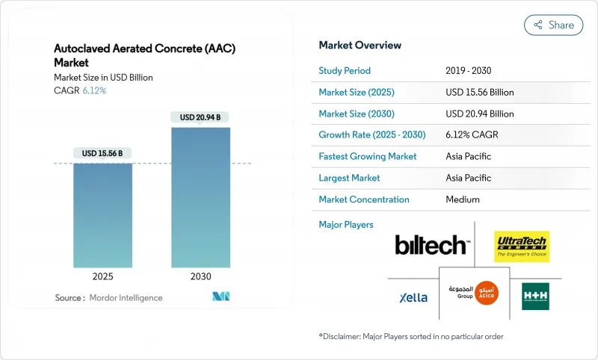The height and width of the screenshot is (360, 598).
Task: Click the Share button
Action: [x=554, y=25]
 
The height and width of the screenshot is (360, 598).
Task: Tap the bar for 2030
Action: [x=200, y=197]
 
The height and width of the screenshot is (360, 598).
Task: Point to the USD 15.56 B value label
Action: [x=103, y=153]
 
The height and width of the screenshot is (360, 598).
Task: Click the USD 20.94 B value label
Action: [x=200, y=117]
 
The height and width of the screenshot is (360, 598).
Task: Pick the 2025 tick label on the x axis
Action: [x=103, y=276]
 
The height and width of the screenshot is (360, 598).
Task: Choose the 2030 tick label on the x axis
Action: [x=200, y=276]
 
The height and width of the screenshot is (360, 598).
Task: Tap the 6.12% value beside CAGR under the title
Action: [x=94, y=91]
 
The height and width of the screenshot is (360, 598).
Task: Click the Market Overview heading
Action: [x=360, y=45]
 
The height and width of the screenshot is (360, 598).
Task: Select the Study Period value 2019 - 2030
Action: [x=469, y=71]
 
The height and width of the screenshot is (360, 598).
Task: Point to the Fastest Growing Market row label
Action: [x=367, y=156]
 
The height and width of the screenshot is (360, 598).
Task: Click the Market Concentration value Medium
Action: [x=463, y=199]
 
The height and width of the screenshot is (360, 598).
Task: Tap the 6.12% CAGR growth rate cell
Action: [x=471, y=135]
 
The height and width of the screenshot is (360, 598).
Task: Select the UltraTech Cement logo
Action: [x=522, y=246]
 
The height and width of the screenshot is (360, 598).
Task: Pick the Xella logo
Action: [x=413, y=297]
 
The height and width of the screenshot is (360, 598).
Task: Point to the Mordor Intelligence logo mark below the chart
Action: [x=221, y=297]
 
